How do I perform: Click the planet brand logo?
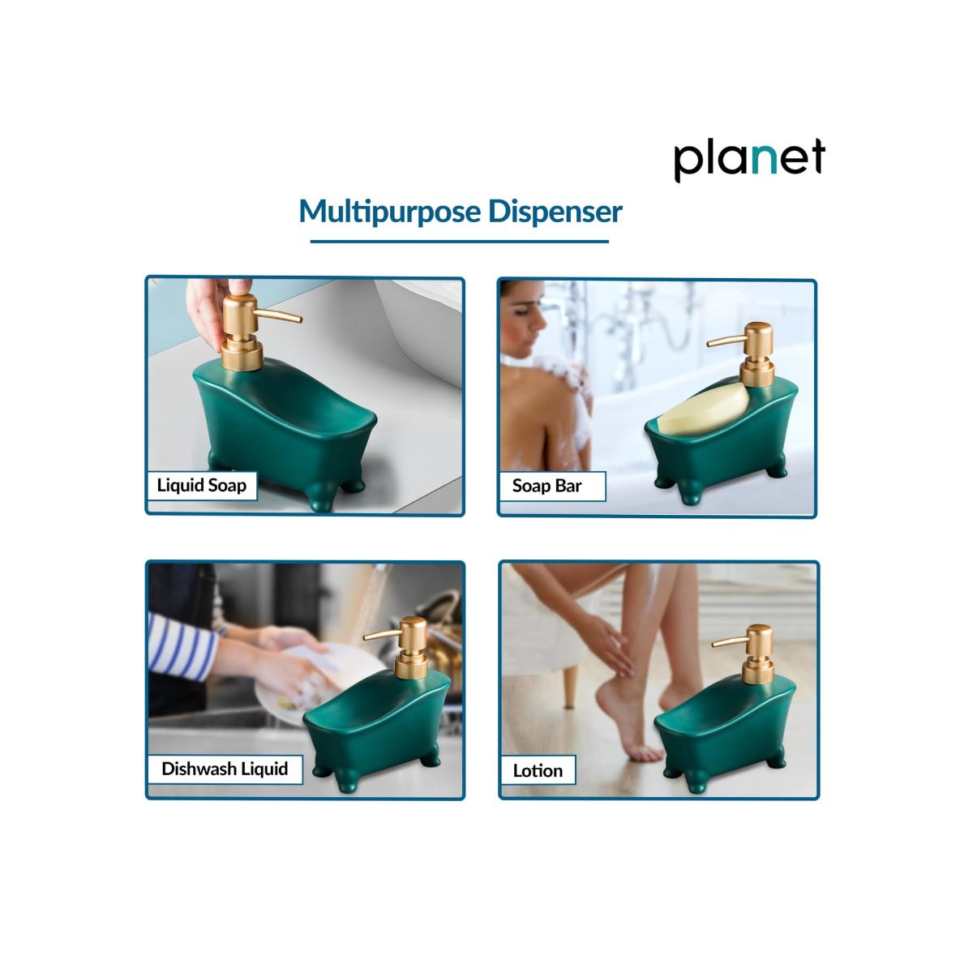tap(748, 159)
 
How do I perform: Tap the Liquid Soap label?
tap(201, 486)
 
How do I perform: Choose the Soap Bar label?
tap(547, 486)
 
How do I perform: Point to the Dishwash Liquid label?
tap(225, 769)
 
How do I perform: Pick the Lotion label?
tap(538, 770)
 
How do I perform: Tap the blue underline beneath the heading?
tap(459, 241)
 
